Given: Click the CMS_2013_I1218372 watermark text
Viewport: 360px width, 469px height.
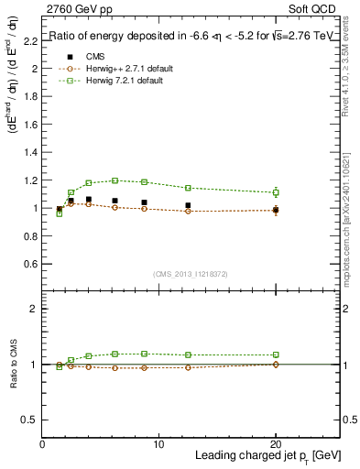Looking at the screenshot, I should (x=191, y=274).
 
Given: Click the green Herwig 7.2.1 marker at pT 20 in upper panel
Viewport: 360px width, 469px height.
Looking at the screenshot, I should (x=276, y=192).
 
